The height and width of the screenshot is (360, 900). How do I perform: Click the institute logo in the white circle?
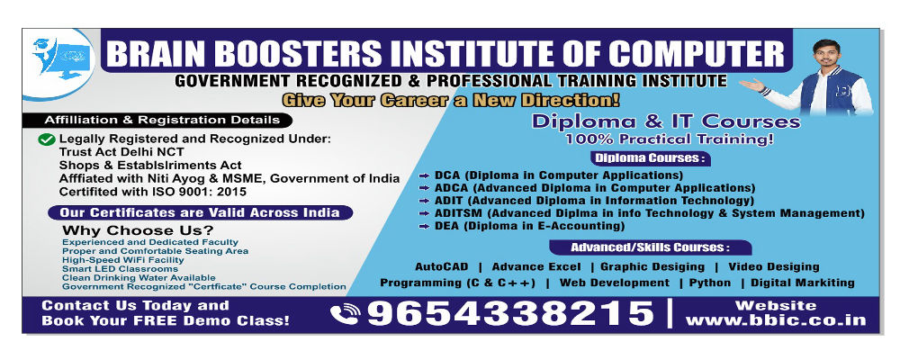[x=61, y=58]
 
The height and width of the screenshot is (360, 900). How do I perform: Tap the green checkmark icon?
[x=47, y=139]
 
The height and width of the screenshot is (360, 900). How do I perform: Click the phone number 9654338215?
[x=510, y=313]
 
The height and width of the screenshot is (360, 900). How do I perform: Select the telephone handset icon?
[x=345, y=314]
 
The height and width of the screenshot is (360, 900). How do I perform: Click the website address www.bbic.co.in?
[x=776, y=320]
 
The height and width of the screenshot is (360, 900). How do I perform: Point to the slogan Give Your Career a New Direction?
[x=451, y=100]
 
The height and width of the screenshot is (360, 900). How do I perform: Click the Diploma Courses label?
[x=650, y=157]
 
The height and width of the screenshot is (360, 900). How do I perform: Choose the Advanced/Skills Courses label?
[x=650, y=247]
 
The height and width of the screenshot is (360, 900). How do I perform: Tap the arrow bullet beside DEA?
[x=424, y=227]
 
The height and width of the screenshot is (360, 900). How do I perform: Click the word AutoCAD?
[x=441, y=267]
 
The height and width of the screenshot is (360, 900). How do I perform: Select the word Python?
[x=710, y=283]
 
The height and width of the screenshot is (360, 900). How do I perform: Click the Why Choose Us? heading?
[x=138, y=230]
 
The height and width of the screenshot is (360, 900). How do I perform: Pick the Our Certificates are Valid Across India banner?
[x=201, y=212]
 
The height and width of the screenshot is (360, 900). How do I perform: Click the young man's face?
[x=827, y=57]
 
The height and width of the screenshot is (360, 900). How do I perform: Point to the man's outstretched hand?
[x=751, y=85]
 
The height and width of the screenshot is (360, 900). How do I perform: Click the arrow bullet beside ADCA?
[x=424, y=188]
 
